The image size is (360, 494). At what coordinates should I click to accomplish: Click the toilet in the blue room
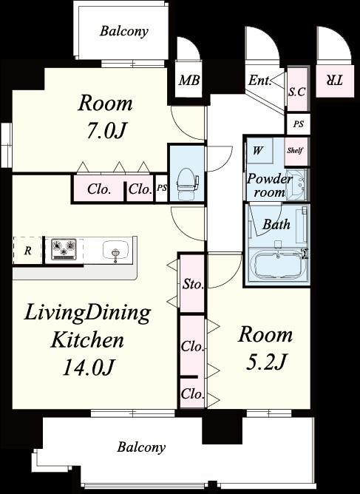pyautogui.click(x=188, y=184)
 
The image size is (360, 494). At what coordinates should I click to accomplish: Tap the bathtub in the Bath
pyautogui.click(x=277, y=265)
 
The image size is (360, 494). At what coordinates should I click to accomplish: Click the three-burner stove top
pyautogui.click(x=64, y=249)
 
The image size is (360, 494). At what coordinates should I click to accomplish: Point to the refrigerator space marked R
pyautogui.click(x=27, y=251)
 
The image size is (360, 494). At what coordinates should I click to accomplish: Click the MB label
pyautogui.click(x=189, y=81)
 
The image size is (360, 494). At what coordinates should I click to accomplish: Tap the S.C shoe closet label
pyautogui.click(x=297, y=92)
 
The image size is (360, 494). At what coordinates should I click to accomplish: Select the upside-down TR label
pyautogui.click(x=334, y=81)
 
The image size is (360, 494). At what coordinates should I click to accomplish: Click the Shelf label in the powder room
pyautogui.click(x=295, y=150)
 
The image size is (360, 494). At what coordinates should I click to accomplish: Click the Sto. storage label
pyautogui.click(x=193, y=285)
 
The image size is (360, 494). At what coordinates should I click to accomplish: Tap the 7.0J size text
pyautogui.click(x=106, y=130)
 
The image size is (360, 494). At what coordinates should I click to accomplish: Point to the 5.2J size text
pyautogui.click(x=265, y=361)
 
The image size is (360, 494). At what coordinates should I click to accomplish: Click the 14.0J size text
pyautogui.click(x=87, y=367)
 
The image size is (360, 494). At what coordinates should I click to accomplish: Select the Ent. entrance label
pyautogui.click(x=259, y=81)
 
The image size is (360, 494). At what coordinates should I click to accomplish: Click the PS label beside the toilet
pyautogui.click(x=162, y=188)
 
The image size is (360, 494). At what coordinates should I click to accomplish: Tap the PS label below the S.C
pyautogui.click(x=298, y=123)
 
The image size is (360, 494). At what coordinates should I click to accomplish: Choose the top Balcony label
pyautogui.click(x=124, y=32)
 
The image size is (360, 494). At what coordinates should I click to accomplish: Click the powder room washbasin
pyautogui.click(x=296, y=184)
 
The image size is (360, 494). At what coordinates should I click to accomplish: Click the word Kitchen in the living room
pyautogui.click(x=87, y=340)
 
